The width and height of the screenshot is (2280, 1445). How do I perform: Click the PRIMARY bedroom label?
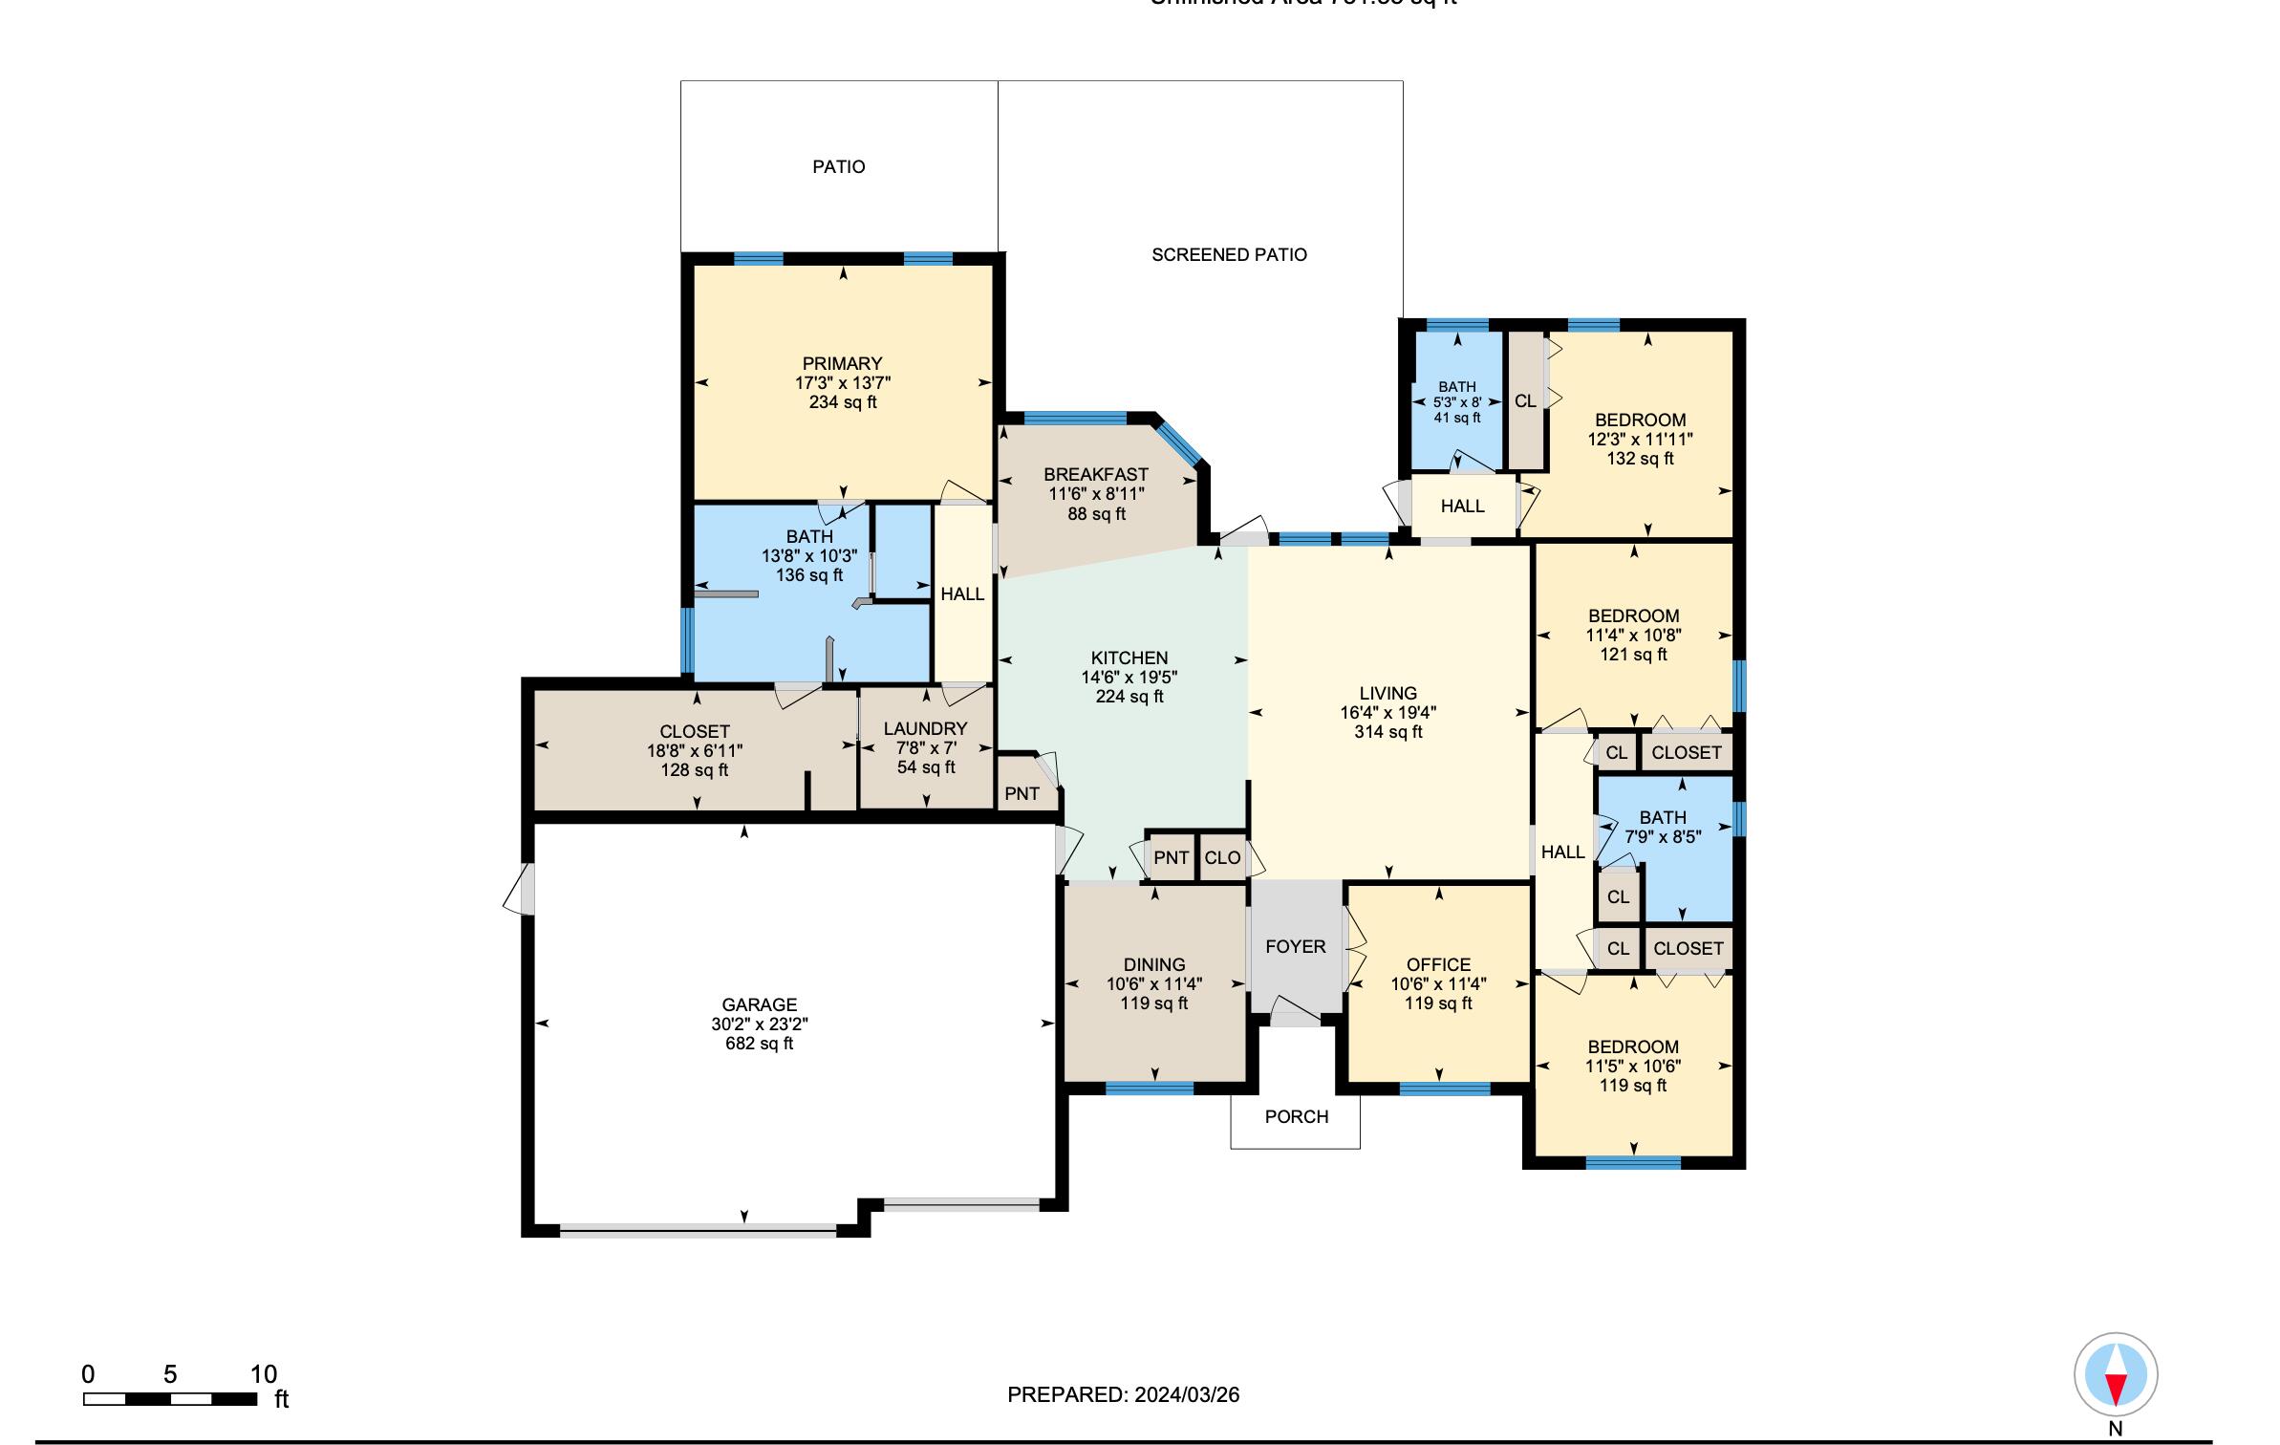click(x=841, y=363)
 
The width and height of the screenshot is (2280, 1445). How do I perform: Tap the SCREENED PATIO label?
click(x=1228, y=255)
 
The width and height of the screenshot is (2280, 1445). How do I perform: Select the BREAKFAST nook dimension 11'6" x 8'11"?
click(x=1096, y=494)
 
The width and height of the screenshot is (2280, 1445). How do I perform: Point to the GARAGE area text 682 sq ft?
click(x=759, y=1044)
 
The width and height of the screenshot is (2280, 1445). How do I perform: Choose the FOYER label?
click(x=1295, y=946)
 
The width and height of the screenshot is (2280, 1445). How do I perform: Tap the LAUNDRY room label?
click(x=925, y=728)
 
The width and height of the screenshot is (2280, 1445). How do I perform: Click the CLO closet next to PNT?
click(x=1222, y=857)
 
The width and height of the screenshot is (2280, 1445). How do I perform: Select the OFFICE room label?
click(x=1438, y=964)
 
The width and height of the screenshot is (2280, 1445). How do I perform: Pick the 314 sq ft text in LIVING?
click(x=1387, y=732)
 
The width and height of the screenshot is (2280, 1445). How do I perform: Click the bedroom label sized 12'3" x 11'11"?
click(x=1640, y=420)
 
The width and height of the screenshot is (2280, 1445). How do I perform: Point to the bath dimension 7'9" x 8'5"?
click(x=1663, y=836)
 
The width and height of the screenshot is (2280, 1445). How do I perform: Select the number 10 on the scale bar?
click(x=264, y=1374)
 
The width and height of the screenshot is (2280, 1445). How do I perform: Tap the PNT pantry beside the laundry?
click(x=1022, y=793)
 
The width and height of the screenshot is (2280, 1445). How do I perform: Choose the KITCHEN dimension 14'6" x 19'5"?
click(x=1129, y=678)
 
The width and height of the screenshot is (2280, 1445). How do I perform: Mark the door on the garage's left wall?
click(x=522, y=889)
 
